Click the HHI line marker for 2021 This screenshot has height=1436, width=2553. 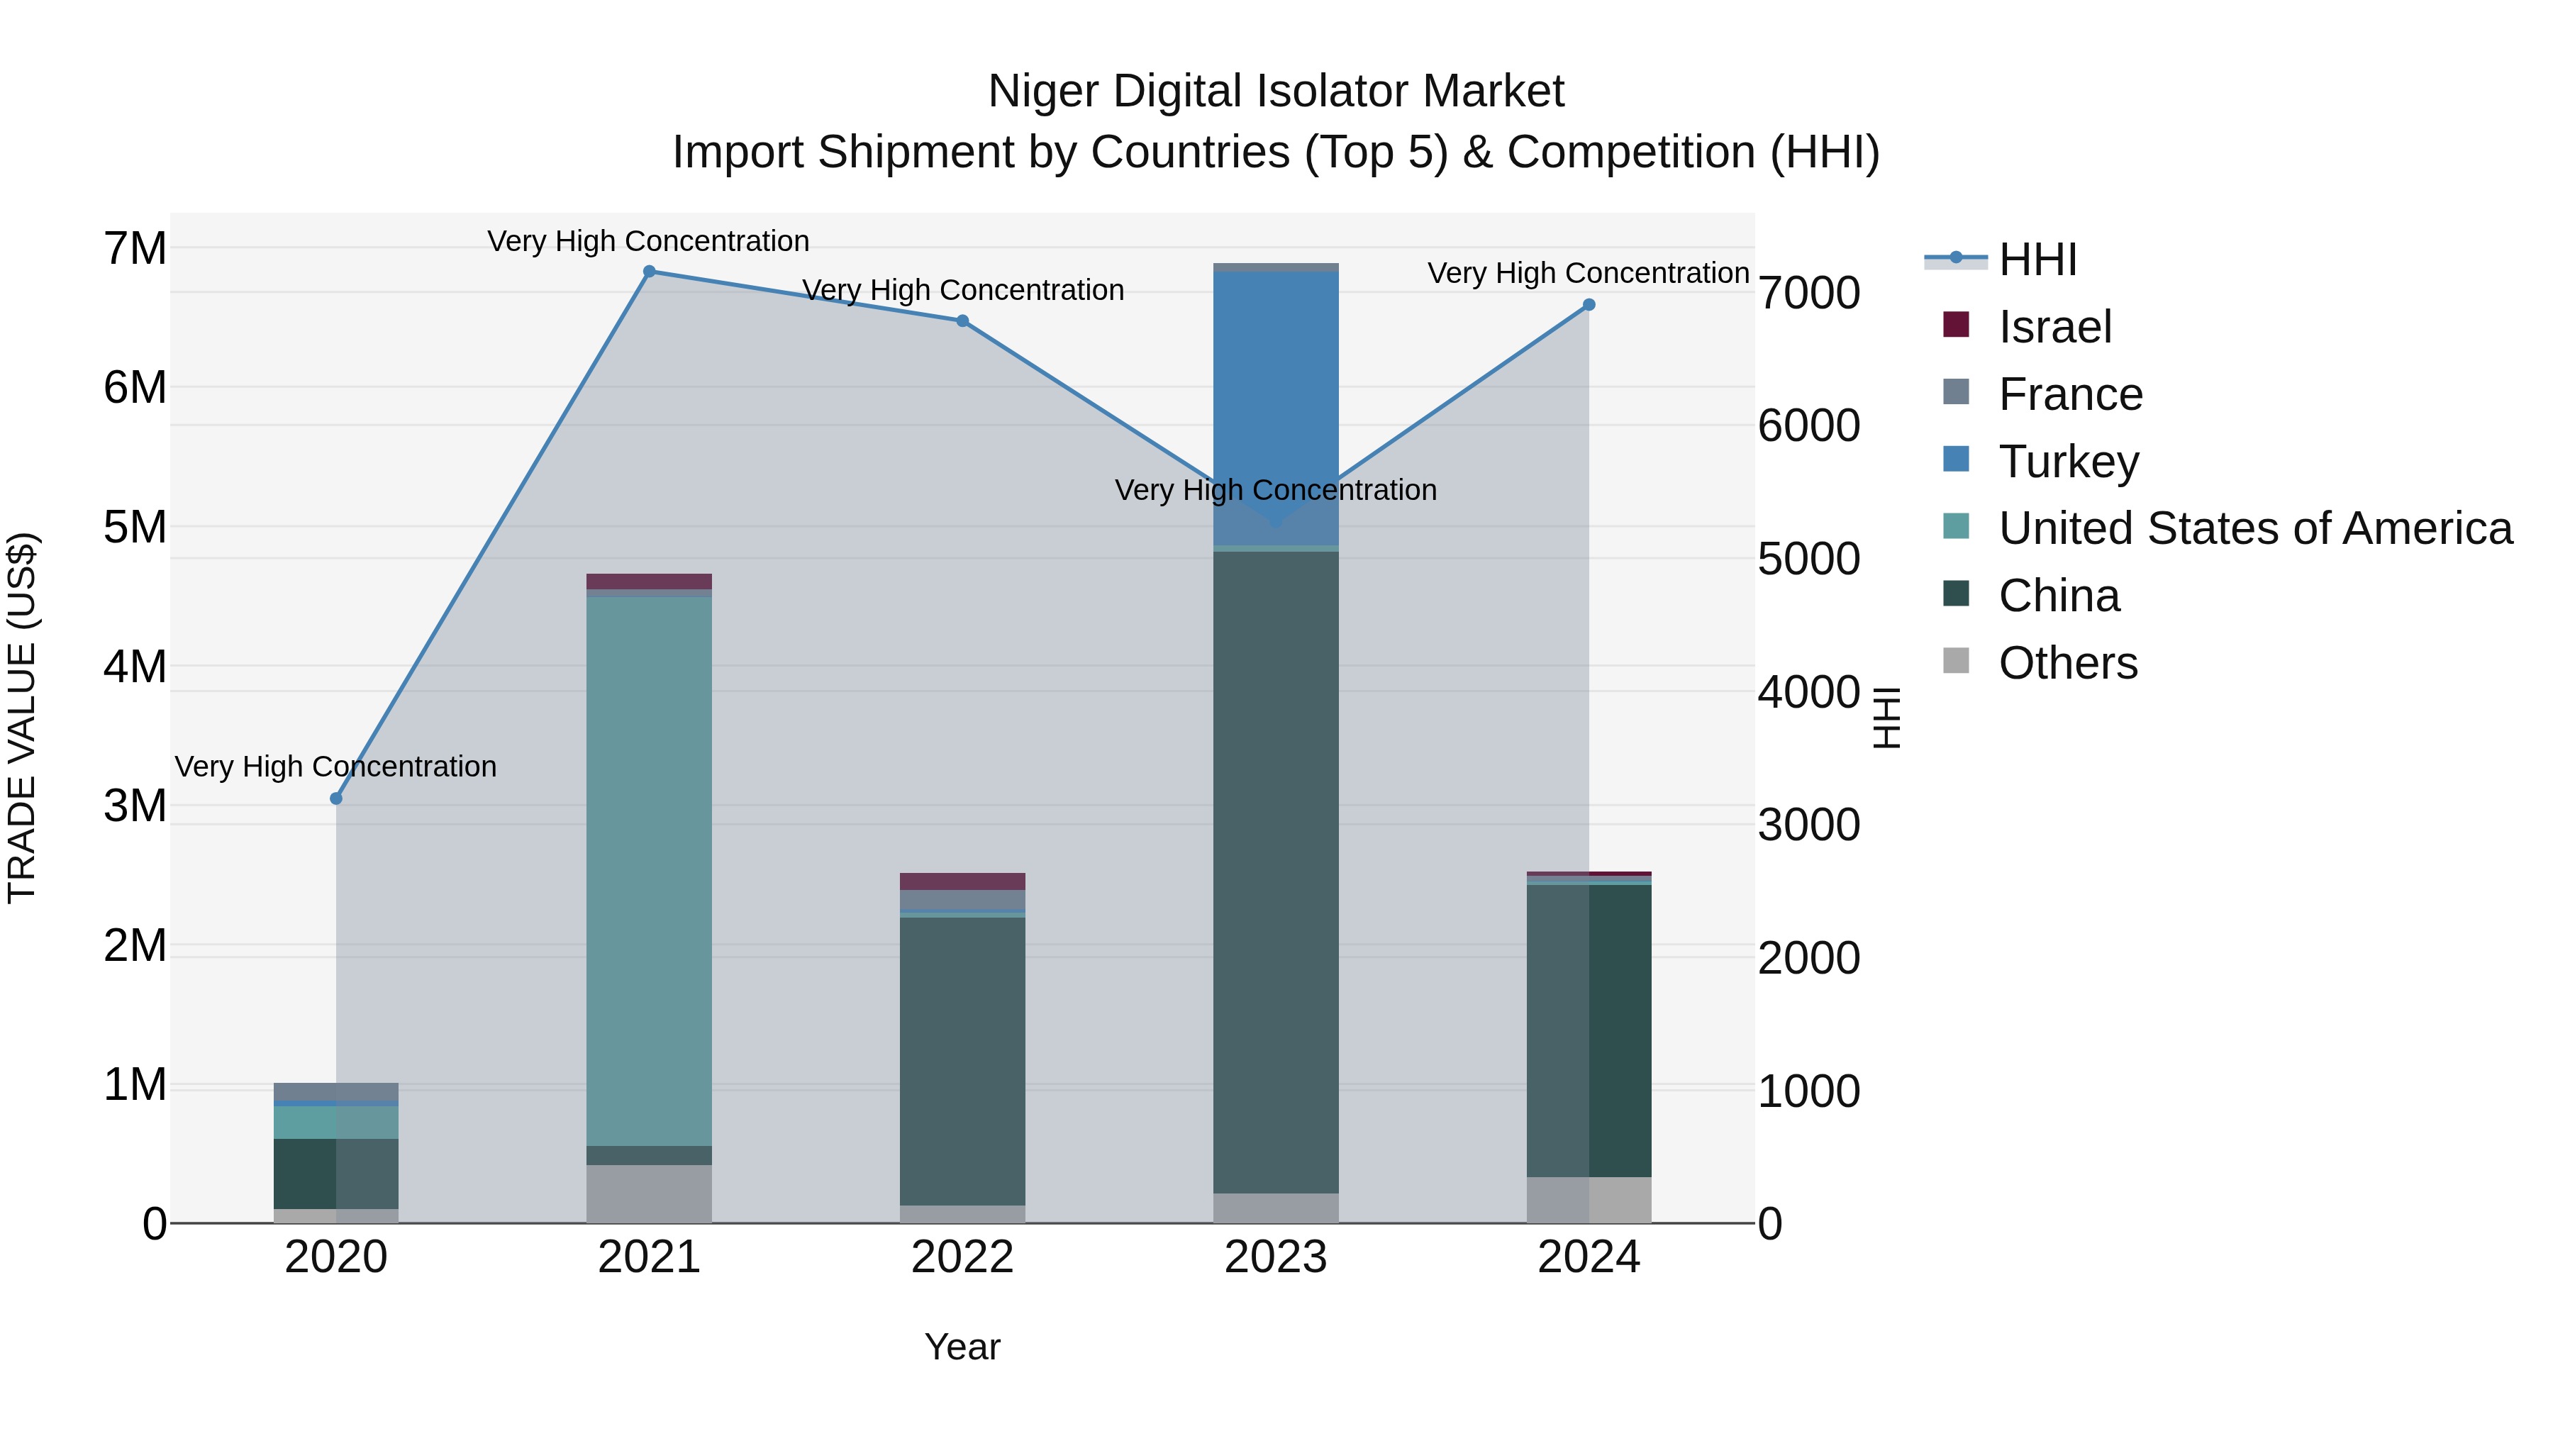click(649, 272)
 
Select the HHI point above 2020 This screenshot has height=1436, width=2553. click(336, 798)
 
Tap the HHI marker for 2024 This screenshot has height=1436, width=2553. click(1589, 305)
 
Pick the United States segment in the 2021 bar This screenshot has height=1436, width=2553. click(649, 872)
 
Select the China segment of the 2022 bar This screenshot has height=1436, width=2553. click(962, 1060)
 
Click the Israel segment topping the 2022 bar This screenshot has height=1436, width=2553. click(962, 881)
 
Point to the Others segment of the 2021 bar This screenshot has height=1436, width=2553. click(649, 1193)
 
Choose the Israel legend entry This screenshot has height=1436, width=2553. click(2054, 327)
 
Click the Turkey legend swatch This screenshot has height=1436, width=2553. click(1957, 460)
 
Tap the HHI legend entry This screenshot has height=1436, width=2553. click(2037, 260)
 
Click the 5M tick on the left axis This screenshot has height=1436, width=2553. click(135, 527)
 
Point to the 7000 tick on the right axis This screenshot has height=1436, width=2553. click(1808, 294)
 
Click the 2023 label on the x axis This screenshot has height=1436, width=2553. click(1276, 1257)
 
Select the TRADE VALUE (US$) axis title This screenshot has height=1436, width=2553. click(23, 718)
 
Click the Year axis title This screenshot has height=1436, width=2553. click(962, 1347)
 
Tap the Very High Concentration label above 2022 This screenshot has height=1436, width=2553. click(962, 290)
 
